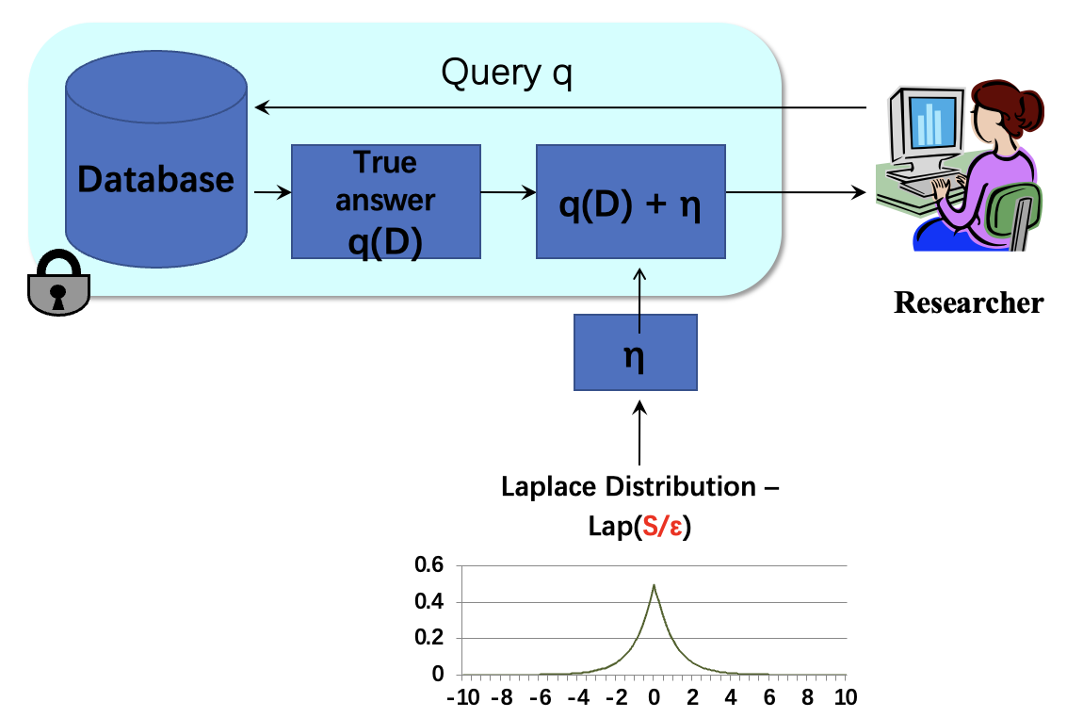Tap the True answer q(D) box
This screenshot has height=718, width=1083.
click(x=386, y=202)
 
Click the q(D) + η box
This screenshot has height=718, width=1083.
click(x=630, y=202)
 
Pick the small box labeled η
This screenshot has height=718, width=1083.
click(x=636, y=352)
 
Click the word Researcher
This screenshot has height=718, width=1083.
click(x=968, y=303)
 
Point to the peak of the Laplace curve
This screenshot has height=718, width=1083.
click(x=654, y=585)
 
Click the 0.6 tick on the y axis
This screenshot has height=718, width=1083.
click(x=429, y=565)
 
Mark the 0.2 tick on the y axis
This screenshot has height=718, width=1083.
click(x=429, y=638)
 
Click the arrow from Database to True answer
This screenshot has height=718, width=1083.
click(x=271, y=193)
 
